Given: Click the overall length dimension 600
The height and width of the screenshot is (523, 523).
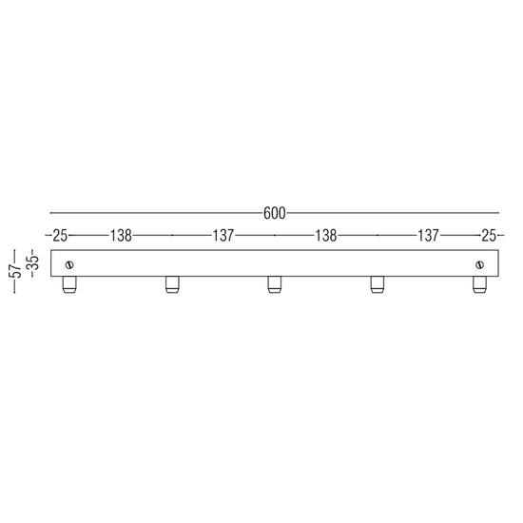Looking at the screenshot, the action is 274,213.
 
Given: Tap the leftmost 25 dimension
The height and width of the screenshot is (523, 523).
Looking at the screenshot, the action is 60,236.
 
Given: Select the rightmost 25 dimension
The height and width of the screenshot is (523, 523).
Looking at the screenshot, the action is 489,236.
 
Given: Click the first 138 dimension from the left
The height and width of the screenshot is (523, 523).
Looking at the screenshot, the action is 121,236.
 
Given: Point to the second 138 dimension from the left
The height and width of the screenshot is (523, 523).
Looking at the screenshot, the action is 326,236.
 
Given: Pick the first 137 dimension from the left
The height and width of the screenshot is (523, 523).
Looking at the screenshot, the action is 223,236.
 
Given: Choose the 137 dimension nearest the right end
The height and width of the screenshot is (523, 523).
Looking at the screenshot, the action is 429,236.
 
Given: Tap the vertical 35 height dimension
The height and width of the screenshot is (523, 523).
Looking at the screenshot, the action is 34,262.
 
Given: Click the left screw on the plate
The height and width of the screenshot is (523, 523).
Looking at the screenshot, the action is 69,265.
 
